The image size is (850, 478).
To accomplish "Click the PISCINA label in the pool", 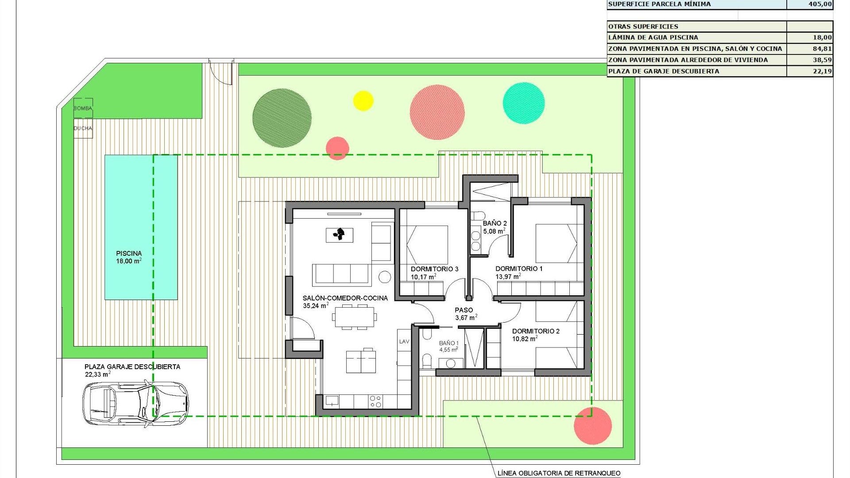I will point(129,254).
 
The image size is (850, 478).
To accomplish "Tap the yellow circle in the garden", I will point(363,100).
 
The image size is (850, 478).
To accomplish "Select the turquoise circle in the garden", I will point(524,103).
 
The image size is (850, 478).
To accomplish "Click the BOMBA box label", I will point(83,108).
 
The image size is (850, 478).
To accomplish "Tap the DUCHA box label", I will point(83,128).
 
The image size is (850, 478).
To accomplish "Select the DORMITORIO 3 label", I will point(434,269).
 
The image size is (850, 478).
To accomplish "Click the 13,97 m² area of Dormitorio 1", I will point(508,277).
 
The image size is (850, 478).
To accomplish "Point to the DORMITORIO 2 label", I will point(536,331).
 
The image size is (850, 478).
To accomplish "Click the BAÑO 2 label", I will point(495,224).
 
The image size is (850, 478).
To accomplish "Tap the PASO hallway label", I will point(464,310).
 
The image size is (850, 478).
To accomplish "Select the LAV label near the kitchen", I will point(404,342).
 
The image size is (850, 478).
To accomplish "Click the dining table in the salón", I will point(355,317).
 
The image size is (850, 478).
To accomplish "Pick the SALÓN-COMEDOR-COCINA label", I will point(345,298).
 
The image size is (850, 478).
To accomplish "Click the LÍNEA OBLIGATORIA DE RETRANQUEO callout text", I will point(559,473).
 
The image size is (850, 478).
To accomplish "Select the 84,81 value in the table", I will point(822,49).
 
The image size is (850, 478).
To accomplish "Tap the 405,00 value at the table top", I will point(820,4).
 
